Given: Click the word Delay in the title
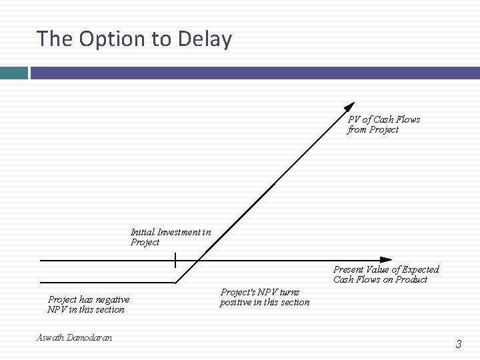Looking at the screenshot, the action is coord(205,39).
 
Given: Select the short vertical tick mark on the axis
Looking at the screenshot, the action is coord(175,259).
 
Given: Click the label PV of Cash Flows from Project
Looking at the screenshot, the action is coord(383,125).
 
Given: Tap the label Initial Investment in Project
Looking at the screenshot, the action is coord(171,237).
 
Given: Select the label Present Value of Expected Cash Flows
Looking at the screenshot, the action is coord(386,274).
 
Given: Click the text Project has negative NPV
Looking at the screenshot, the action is coord(89,305).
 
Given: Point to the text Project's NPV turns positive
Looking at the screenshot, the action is coord(265,297).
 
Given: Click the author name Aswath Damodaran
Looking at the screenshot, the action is coord(74,338).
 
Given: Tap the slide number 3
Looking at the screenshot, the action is coord(458,344).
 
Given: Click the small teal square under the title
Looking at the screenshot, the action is coord(13,73).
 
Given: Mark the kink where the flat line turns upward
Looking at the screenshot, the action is coord(176,283).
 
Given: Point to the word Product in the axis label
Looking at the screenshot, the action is coord(411,279).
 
